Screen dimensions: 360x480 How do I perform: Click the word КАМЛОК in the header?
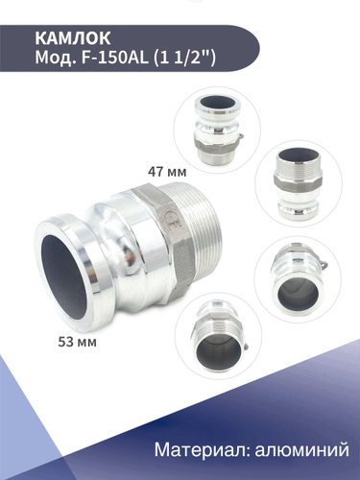73,38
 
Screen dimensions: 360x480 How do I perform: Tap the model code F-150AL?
115,59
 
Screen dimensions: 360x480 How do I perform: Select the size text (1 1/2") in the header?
184,59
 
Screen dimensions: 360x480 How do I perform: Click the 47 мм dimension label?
167,172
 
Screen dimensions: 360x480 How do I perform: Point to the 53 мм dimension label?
77,342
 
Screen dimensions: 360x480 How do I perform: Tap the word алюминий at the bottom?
301,449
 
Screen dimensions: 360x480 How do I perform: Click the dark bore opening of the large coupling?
63,276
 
